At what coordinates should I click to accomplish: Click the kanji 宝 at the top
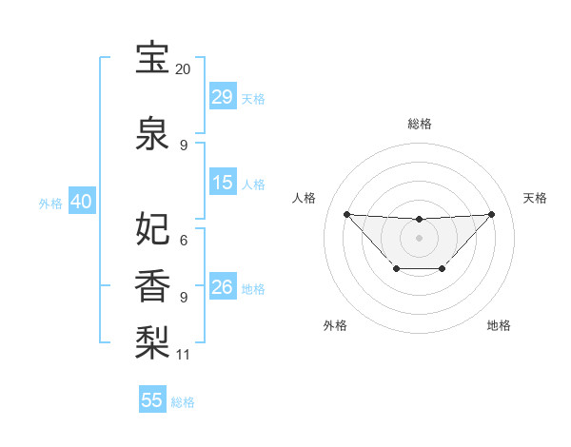pyautogui.click(x=152, y=59)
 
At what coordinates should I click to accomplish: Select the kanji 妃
pyautogui.click(x=152, y=228)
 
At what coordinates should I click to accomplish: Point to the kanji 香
pyautogui.click(x=152, y=284)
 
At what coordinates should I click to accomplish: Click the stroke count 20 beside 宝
pyautogui.click(x=184, y=70)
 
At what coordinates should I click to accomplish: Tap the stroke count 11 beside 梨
pyautogui.click(x=184, y=355)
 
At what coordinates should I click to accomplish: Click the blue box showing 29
pyautogui.click(x=222, y=97)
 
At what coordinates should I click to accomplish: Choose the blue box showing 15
pyautogui.click(x=222, y=183)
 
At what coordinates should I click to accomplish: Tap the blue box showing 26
pyautogui.click(x=222, y=287)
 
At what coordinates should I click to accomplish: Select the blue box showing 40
pyautogui.click(x=81, y=202)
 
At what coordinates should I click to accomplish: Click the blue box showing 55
pyautogui.click(x=152, y=400)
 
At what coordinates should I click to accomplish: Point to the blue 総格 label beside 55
pyautogui.click(x=183, y=402)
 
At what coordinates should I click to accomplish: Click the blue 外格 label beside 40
pyautogui.click(x=50, y=203)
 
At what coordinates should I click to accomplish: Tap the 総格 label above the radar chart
pyautogui.click(x=419, y=124)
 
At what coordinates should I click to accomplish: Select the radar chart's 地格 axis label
pyautogui.click(x=499, y=325)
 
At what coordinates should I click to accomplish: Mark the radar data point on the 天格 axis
pyautogui.click(x=491, y=214)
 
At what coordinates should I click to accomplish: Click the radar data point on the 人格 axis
pyautogui.click(x=346, y=214)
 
